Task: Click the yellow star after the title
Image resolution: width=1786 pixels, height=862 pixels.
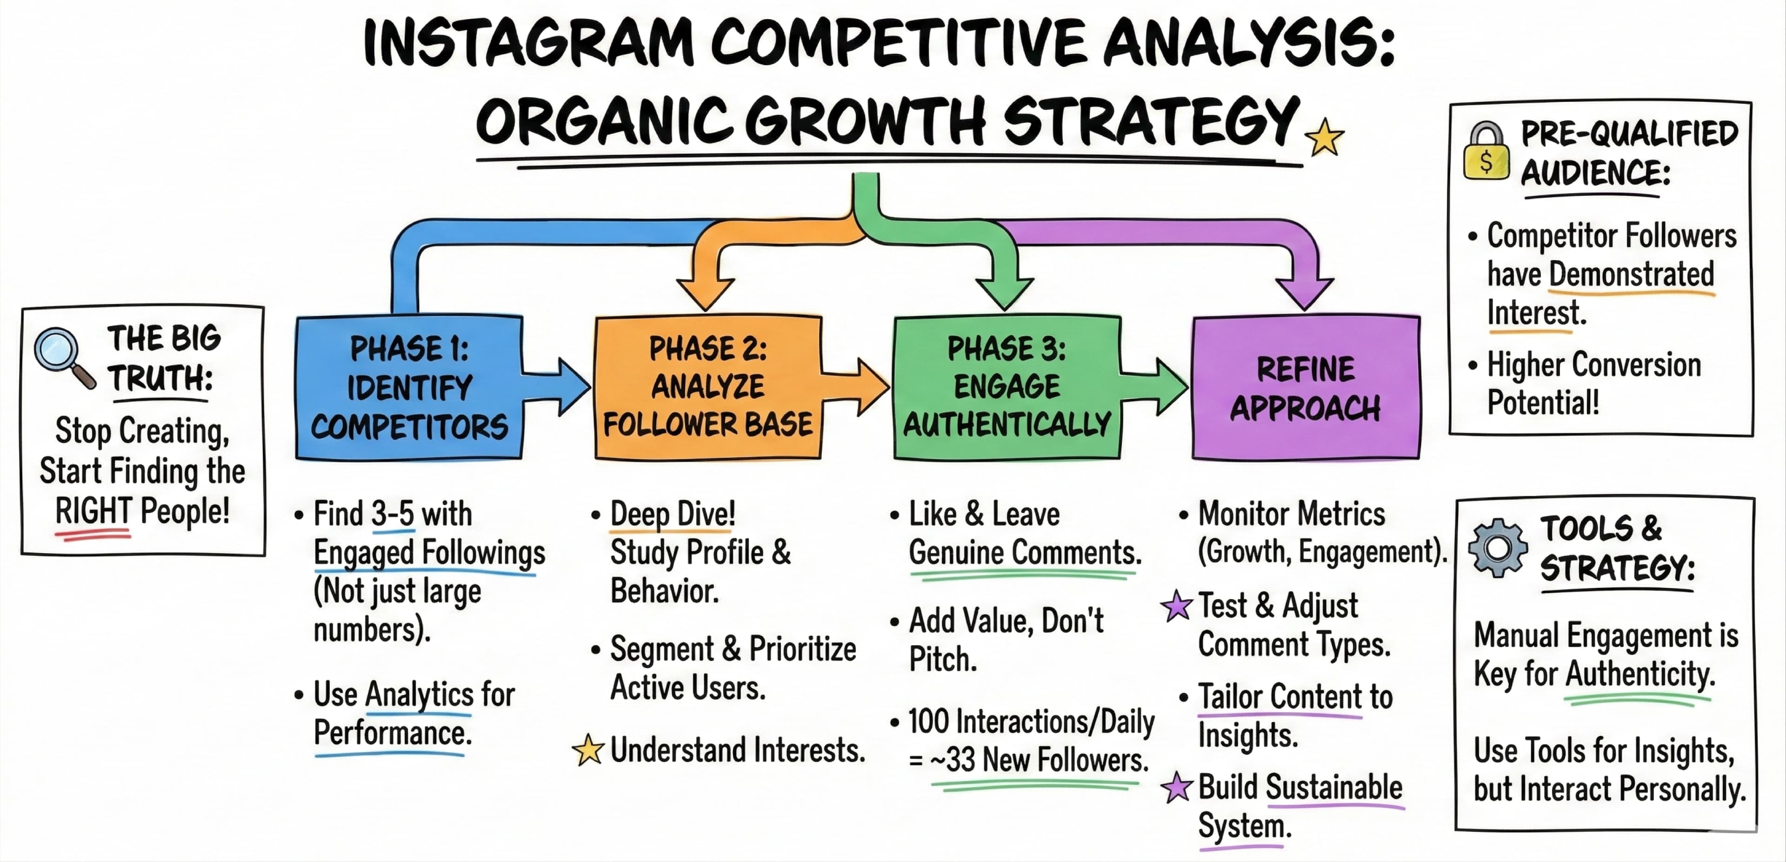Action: (1324, 137)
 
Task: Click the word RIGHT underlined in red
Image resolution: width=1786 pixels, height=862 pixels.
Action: (93, 512)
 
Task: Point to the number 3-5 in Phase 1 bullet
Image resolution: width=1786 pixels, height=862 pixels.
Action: (393, 515)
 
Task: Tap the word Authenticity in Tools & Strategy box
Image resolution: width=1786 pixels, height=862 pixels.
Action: (1639, 674)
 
